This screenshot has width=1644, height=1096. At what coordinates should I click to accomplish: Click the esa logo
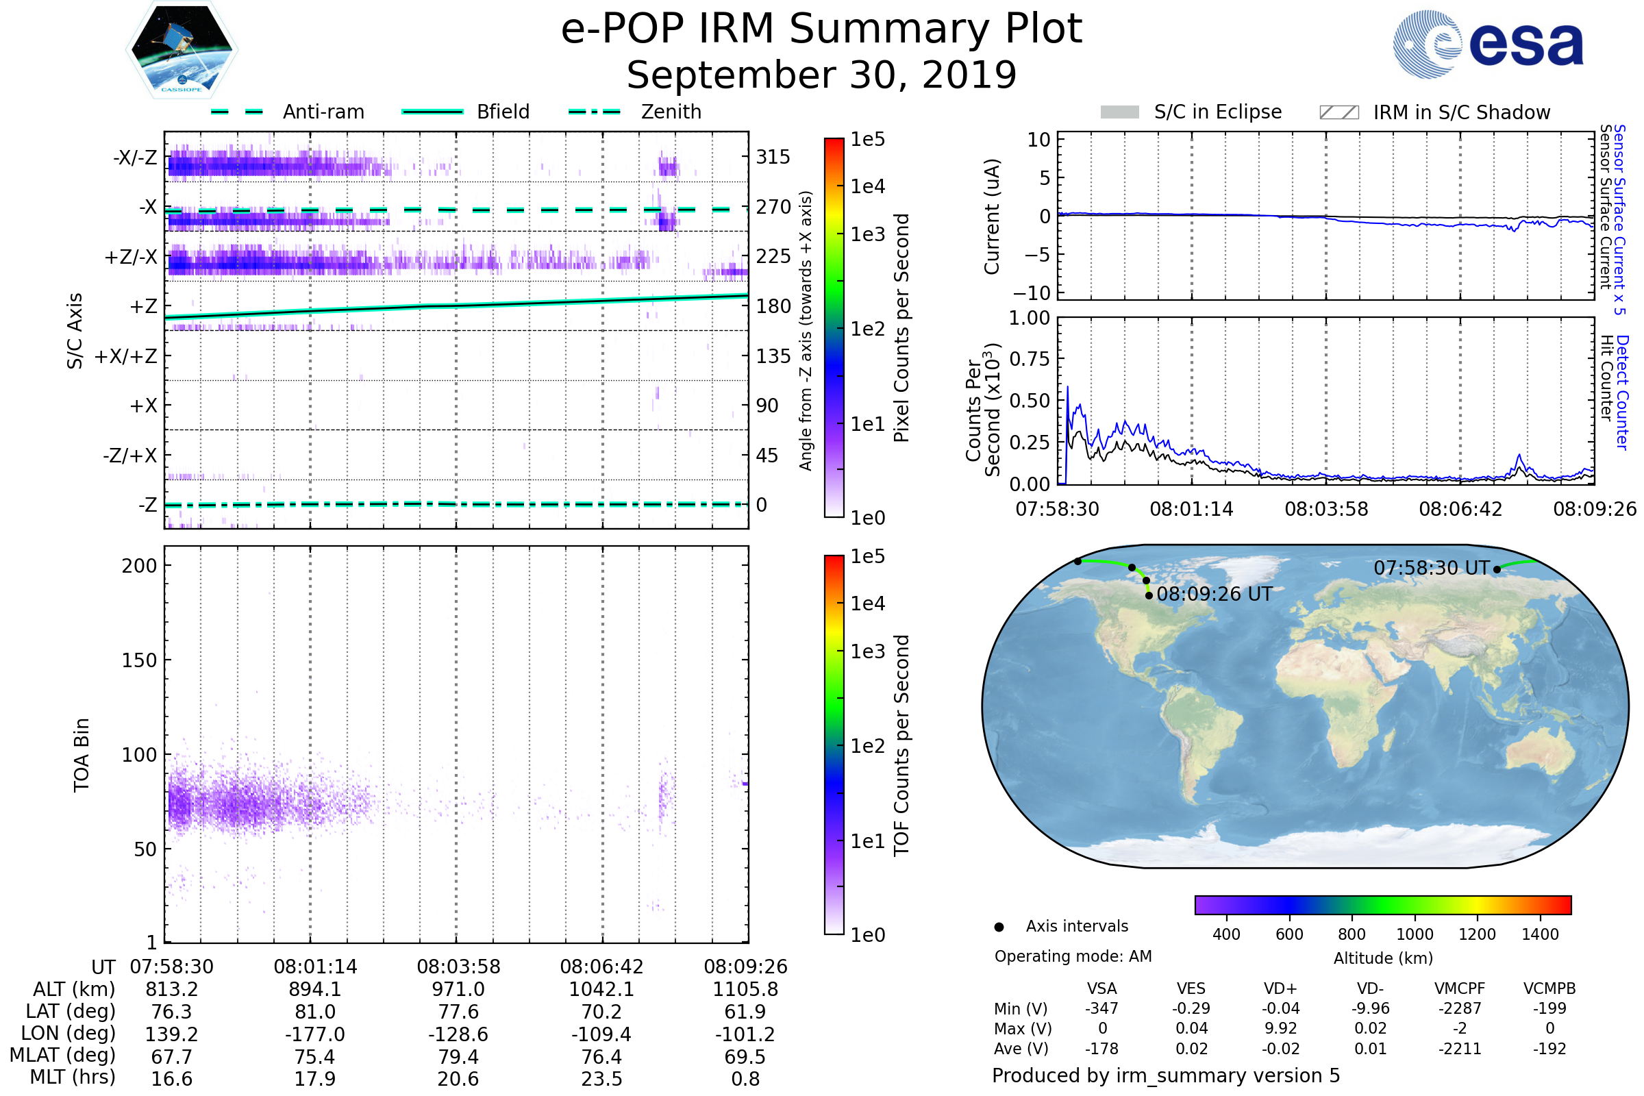[1489, 43]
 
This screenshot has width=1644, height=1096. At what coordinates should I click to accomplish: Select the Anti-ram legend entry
[323, 112]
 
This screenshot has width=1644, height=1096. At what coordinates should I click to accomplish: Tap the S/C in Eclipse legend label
[1218, 112]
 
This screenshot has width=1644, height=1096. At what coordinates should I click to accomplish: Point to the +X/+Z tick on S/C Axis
[126, 356]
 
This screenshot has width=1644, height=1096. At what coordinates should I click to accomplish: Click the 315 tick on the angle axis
[773, 157]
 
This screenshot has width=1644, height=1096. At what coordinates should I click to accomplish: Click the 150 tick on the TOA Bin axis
[139, 660]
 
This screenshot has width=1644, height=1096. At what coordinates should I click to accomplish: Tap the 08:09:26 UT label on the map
[1214, 594]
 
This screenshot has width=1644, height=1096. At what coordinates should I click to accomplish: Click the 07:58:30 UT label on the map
[1432, 568]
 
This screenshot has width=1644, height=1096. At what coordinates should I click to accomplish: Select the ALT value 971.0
[458, 989]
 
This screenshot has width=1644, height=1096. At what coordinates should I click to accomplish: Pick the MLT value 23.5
[602, 1078]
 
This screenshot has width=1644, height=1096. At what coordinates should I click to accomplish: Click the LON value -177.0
[315, 1034]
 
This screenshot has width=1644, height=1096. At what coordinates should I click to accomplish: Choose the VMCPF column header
[1460, 988]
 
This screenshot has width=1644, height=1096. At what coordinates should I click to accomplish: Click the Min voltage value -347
[1101, 1008]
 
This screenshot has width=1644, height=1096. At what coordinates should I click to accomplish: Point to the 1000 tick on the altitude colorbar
[1415, 934]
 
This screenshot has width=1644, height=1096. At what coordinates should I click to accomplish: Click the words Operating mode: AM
[1073, 956]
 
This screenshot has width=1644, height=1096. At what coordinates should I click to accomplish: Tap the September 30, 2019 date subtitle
[821, 75]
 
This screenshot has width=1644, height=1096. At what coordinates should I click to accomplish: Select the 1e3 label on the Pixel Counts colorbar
[868, 234]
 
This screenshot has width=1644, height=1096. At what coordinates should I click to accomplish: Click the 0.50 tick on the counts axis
[1030, 401]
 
